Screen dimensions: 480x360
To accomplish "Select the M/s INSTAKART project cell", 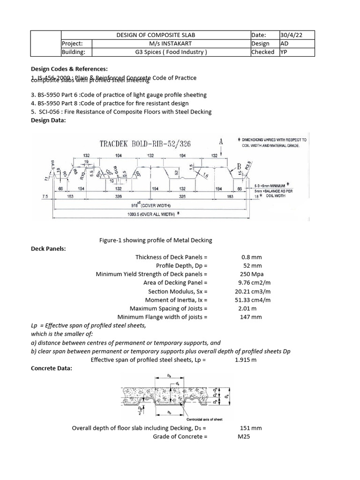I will click(x=155, y=44).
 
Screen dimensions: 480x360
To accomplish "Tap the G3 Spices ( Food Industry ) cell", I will click(x=155, y=52).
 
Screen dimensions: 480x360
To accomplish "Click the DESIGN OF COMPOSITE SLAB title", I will click(x=155, y=35).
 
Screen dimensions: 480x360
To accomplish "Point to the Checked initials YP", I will click(x=284, y=52).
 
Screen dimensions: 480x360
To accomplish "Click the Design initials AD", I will click(x=284, y=44).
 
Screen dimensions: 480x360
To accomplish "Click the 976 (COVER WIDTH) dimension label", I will click(x=151, y=205).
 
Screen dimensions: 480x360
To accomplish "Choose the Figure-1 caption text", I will click(x=156, y=240).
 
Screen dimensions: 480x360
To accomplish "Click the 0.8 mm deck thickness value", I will click(x=249, y=257).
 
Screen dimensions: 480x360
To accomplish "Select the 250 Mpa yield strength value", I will click(x=249, y=274).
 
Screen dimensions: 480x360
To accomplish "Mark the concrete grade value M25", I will click(x=245, y=437).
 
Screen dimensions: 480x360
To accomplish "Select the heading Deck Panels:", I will click(x=48, y=248).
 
